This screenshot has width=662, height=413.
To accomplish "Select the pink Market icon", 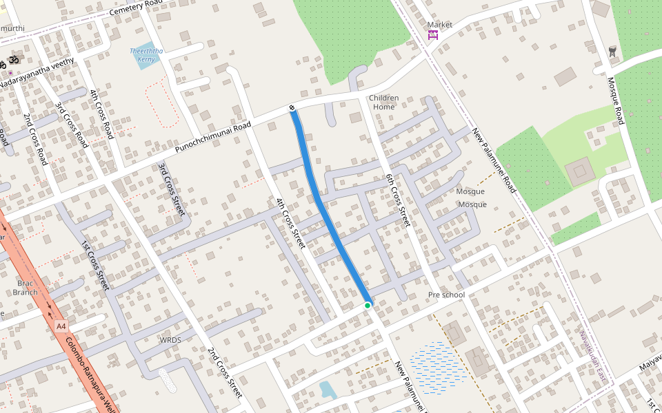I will click(x=433, y=35).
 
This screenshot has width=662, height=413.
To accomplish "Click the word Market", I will click(x=440, y=25).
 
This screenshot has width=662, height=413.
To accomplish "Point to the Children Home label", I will click(x=383, y=103).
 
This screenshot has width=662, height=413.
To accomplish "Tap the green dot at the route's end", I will click(x=368, y=305).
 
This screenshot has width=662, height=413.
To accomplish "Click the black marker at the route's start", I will click(x=292, y=108).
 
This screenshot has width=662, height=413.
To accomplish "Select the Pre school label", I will click(x=446, y=295).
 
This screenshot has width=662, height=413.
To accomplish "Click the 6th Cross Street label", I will click(x=398, y=200).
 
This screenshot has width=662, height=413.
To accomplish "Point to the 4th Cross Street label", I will click(x=290, y=223).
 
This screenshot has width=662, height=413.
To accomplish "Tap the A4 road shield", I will click(x=61, y=326).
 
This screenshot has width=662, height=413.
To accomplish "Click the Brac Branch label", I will click(x=26, y=288).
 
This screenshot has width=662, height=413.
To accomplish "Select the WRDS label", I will click(x=170, y=340).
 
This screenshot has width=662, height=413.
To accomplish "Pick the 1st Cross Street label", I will click(x=96, y=264).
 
